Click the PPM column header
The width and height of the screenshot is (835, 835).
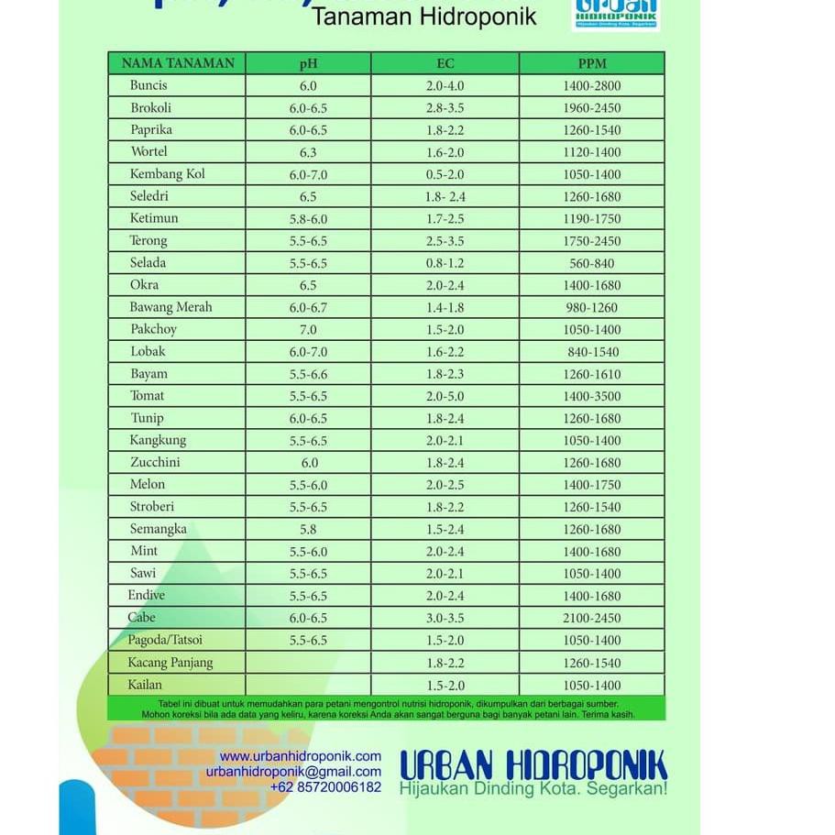[x=592, y=63]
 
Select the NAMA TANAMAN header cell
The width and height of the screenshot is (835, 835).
[x=178, y=63]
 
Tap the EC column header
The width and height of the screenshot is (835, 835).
[x=445, y=63]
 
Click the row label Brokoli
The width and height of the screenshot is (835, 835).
[x=151, y=107]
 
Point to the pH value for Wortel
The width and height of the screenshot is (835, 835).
[x=308, y=152]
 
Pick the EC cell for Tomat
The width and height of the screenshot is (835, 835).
[x=445, y=396]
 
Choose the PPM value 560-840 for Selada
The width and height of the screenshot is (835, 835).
[x=592, y=263]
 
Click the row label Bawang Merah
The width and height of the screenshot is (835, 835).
[x=170, y=307]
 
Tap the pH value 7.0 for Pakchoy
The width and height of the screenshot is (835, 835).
[x=308, y=329]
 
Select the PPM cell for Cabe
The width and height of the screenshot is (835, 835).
[x=592, y=618]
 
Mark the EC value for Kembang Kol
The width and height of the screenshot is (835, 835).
[x=445, y=174]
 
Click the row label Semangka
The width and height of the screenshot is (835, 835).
[x=159, y=529]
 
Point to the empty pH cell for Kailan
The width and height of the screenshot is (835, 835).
[x=308, y=685]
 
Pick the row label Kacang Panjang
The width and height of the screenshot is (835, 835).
[x=170, y=663]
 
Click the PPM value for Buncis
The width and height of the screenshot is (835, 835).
[x=592, y=85]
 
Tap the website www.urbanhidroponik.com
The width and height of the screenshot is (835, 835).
[x=301, y=756]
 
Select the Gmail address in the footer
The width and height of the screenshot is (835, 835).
[x=293, y=772]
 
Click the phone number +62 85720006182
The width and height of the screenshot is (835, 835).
[x=325, y=787]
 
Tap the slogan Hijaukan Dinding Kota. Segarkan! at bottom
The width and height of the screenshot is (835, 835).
[x=533, y=788]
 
